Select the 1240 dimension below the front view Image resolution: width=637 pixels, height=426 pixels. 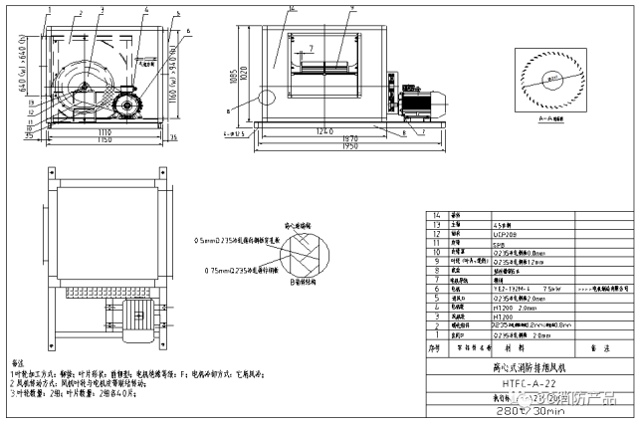pos(319,130)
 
